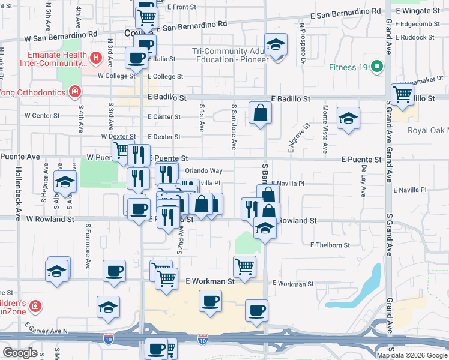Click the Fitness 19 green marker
click(x=377, y=66)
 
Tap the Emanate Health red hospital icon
click(x=95, y=58)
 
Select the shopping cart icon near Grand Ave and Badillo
click(x=402, y=94)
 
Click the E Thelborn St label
click(x=330, y=245)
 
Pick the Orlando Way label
click(x=203, y=171)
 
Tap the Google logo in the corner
click(x=20, y=353)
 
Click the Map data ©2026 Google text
click(x=411, y=355)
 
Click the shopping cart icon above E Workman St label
click(x=244, y=266)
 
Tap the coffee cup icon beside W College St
click(x=136, y=58)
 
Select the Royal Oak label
click(x=428, y=130)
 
